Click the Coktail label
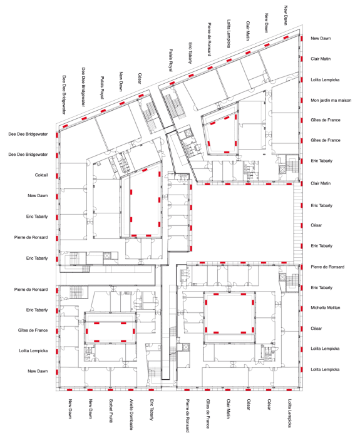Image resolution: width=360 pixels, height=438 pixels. pyautogui.click(x=41, y=175)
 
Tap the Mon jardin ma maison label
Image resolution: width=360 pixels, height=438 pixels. pyautogui.click(x=331, y=100)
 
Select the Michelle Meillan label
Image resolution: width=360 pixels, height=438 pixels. pyautogui.click(x=326, y=308)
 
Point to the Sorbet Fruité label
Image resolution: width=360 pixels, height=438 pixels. pyautogui.click(x=111, y=410)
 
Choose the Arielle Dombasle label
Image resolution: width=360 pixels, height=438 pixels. pyautogui.click(x=131, y=414)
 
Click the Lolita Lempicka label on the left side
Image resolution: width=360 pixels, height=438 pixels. pyautogui.click(x=33, y=350)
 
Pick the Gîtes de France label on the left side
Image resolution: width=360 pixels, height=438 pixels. pyautogui.click(x=33, y=330)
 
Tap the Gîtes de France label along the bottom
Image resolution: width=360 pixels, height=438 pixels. pyautogui.click(x=208, y=414)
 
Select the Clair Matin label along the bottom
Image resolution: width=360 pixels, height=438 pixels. pyautogui.click(x=228, y=409)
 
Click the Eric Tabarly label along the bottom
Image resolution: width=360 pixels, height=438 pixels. pyautogui.click(x=152, y=409)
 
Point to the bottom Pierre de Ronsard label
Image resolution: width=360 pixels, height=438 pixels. pyautogui.click(x=187, y=415)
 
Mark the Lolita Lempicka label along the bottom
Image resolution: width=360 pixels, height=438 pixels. pyautogui.click(x=289, y=413)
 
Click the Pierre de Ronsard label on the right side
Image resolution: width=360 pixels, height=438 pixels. pyautogui.click(x=327, y=267)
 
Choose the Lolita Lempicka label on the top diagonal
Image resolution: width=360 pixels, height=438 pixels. pyautogui.click(x=229, y=34)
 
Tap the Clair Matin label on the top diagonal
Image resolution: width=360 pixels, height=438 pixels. pyautogui.click(x=248, y=31)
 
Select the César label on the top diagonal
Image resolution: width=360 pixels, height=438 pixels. pyautogui.click(x=140, y=78)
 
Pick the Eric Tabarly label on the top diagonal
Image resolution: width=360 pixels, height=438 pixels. pyautogui.click(x=190, y=53)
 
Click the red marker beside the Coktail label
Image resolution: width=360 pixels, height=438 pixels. pyautogui.click(x=57, y=176)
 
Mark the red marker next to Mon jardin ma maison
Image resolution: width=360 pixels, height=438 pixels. pyautogui.click(x=302, y=100)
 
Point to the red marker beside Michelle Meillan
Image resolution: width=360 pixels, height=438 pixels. pyautogui.click(x=302, y=308)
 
